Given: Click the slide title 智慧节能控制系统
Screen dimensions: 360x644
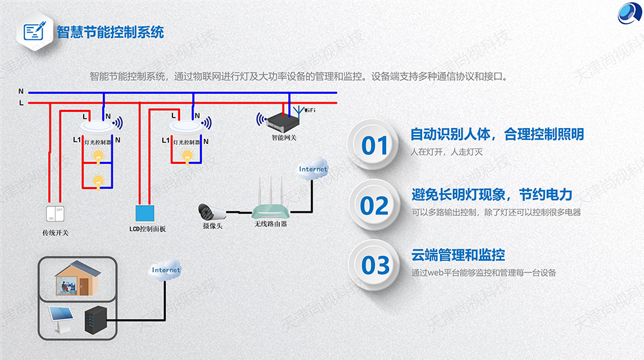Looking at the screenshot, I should click(x=110, y=32).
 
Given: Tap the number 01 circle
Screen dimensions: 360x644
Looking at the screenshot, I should click(x=374, y=145).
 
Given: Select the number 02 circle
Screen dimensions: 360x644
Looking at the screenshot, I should click(x=374, y=205).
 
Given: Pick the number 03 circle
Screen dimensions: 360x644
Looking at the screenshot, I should click(x=375, y=265).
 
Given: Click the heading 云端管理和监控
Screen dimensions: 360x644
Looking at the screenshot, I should click(x=458, y=255).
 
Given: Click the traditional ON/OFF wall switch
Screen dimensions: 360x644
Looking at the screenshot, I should click(x=54, y=213).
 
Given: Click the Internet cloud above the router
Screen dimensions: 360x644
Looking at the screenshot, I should click(x=313, y=169).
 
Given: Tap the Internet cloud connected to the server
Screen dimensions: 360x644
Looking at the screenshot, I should click(x=166, y=270).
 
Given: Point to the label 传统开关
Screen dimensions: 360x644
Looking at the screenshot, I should click(x=55, y=232).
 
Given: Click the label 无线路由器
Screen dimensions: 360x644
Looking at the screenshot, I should click(x=270, y=224).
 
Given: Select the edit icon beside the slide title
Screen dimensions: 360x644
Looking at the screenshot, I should click(x=36, y=31).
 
